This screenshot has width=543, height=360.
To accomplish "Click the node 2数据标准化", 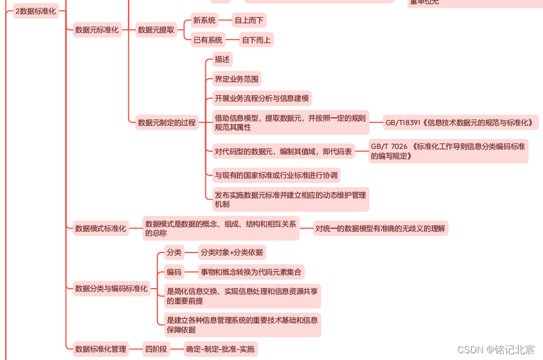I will [x=36, y=11].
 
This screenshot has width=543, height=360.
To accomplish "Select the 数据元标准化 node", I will [x=97, y=30].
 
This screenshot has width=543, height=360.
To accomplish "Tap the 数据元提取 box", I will [x=156, y=30].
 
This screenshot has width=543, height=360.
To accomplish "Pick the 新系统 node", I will [x=204, y=20].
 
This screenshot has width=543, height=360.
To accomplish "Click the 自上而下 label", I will [x=249, y=20].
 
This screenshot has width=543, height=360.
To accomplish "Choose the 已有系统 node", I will [x=208, y=40].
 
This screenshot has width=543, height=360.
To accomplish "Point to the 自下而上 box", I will [x=257, y=40].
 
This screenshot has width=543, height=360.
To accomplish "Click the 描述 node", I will [x=222, y=59].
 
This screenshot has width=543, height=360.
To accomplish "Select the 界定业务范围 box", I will [x=238, y=79].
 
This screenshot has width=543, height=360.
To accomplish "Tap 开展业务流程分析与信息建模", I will [x=262, y=98].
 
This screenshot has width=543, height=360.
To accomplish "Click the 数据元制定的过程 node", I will [x=166, y=122].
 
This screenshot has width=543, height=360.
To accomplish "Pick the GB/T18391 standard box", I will [x=460, y=122].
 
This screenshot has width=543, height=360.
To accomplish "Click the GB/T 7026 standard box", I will [x=448, y=151].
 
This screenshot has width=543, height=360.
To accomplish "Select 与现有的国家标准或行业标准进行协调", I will [x=276, y=175].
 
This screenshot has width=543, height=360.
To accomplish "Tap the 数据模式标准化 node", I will [x=101, y=228].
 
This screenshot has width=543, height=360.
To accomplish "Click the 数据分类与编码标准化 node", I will [x=111, y=289].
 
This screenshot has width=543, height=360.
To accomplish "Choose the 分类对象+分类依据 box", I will [x=232, y=252].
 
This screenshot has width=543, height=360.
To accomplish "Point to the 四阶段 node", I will [x=156, y=349].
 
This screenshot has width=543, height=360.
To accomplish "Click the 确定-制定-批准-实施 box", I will [x=220, y=349].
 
